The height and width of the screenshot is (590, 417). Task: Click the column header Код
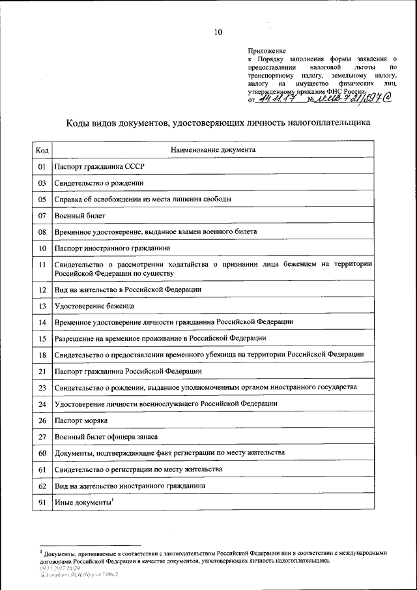pos(42,150)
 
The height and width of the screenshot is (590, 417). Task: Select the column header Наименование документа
pos(213,150)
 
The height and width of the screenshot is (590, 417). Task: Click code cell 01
pos(42,167)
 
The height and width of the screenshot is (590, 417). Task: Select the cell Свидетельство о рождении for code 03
pos(99,183)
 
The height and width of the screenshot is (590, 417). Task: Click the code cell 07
pos(42,215)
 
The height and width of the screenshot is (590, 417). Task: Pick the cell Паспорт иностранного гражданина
pos(112,248)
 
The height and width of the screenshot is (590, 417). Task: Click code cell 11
pos(42,265)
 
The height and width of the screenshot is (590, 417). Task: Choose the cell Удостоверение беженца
pos(94,305)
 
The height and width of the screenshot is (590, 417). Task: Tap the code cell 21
pos(42,371)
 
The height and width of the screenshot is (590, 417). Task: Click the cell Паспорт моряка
pos(81,420)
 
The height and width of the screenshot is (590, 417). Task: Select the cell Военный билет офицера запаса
pos(106,437)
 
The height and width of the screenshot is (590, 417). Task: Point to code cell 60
pos(42,452)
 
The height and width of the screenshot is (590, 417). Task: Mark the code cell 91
pos(42,502)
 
